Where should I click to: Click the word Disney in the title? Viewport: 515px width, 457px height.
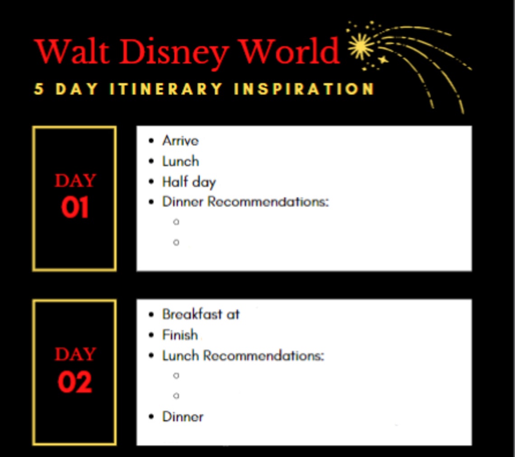tap(174, 52)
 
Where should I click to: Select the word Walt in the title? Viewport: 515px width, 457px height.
tap(72, 51)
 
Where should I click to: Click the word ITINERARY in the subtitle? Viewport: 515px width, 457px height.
tap(166, 89)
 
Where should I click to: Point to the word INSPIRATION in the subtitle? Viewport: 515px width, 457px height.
tap(304, 89)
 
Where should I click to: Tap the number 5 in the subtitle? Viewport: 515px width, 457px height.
tap(39, 89)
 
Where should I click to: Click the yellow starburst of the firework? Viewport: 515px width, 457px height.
tap(360, 47)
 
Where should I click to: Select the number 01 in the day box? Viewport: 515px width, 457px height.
tap(75, 207)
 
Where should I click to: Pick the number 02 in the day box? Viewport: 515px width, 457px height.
tap(75, 382)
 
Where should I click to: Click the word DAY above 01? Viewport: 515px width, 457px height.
tap(75, 181)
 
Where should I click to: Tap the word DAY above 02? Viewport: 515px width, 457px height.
tap(75, 354)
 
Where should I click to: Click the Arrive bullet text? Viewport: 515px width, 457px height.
tap(180, 141)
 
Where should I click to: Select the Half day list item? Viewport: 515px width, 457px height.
tap(189, 182)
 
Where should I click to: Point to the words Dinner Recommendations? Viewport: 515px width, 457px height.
tap(245, 201)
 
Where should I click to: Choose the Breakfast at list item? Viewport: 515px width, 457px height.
tap(201, 314)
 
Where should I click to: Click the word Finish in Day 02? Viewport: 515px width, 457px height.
tap(180, 335)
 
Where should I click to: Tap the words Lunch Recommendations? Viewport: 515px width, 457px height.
tap(243, 355)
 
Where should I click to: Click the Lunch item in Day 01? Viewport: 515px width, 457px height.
tap(181, 161)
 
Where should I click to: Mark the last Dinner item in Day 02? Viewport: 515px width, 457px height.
tap(183, 417)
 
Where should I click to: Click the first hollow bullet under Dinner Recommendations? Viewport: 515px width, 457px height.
tap(176, 222)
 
